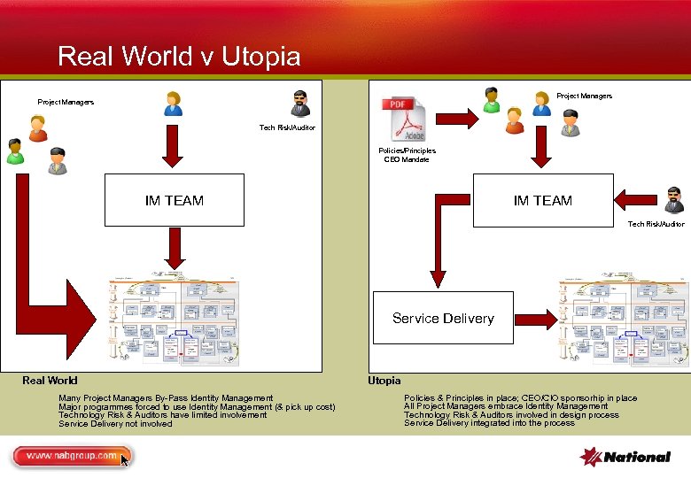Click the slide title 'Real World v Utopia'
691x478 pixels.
[x=179, y=57]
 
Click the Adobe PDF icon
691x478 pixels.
[x=404, y=119]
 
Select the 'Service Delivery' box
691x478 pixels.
[x=443, y=318]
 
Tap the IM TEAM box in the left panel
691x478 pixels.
[x=175, y=201]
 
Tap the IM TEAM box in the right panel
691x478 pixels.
[x=542, y=201]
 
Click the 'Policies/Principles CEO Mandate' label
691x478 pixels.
[x=407, y=155]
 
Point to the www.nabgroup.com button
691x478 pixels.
[x=72, y=457]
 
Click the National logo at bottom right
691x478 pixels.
[x=625, y=457]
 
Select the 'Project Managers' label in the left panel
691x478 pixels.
[x=66, y=103]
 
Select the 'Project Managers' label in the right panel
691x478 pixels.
[x=584, y=96]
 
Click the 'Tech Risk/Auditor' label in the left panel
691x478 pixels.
[x=287, y=128]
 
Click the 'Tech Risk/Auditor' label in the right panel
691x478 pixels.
[x=656, y=225]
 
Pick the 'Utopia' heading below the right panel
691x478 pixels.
[x=384, y=381]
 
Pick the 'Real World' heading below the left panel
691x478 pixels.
[x=50, y=381]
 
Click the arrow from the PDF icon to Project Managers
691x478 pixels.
[x=457, y=116]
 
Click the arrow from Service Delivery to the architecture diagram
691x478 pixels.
[x=537, y=316]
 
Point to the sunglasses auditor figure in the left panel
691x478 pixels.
[x=301, y=104]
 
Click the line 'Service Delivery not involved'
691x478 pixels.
[x=115, y=424]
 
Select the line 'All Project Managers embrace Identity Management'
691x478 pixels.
[x=506, y=406]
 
